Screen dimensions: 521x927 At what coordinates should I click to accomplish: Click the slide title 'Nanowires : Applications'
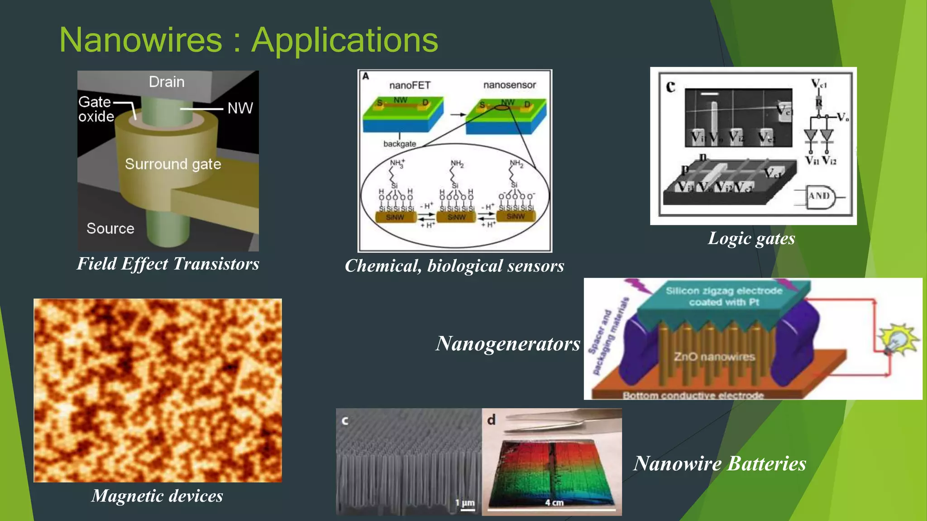tap(248, 40)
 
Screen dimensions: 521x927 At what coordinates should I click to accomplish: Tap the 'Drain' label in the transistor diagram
tap(167, 82)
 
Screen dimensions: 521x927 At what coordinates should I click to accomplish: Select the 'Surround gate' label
tap(173, 164)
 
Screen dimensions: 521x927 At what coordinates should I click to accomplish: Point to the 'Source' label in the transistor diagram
tap(110, 228)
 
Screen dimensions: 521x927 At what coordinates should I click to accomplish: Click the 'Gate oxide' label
tap(96, 109)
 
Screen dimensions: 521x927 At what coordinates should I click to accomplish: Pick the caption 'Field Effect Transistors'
tap(168, 264)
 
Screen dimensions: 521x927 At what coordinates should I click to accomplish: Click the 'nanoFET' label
tap(410, 85)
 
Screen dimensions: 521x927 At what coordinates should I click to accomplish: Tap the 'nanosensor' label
tap(509, 85)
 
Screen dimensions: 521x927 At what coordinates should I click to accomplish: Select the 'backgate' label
tap(399, 144)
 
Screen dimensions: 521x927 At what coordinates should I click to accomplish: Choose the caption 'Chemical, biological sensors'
tap(454, 266)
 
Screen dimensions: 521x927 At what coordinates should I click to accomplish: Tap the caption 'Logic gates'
tap(751, 238)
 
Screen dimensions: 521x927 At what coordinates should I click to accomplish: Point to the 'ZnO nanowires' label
tap(714, 357)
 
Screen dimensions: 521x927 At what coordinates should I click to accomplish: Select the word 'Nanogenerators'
tap(508, 344)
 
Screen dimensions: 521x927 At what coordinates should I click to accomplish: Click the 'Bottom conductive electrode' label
tap(693, 395)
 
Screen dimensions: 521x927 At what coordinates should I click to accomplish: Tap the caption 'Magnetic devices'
tap(157, 496)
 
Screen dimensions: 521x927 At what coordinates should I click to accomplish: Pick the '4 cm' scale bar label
tap(554, 502)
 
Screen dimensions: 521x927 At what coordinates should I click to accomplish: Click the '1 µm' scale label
tap(465, 502)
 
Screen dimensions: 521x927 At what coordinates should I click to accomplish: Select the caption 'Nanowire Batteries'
tap(720, 464)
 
